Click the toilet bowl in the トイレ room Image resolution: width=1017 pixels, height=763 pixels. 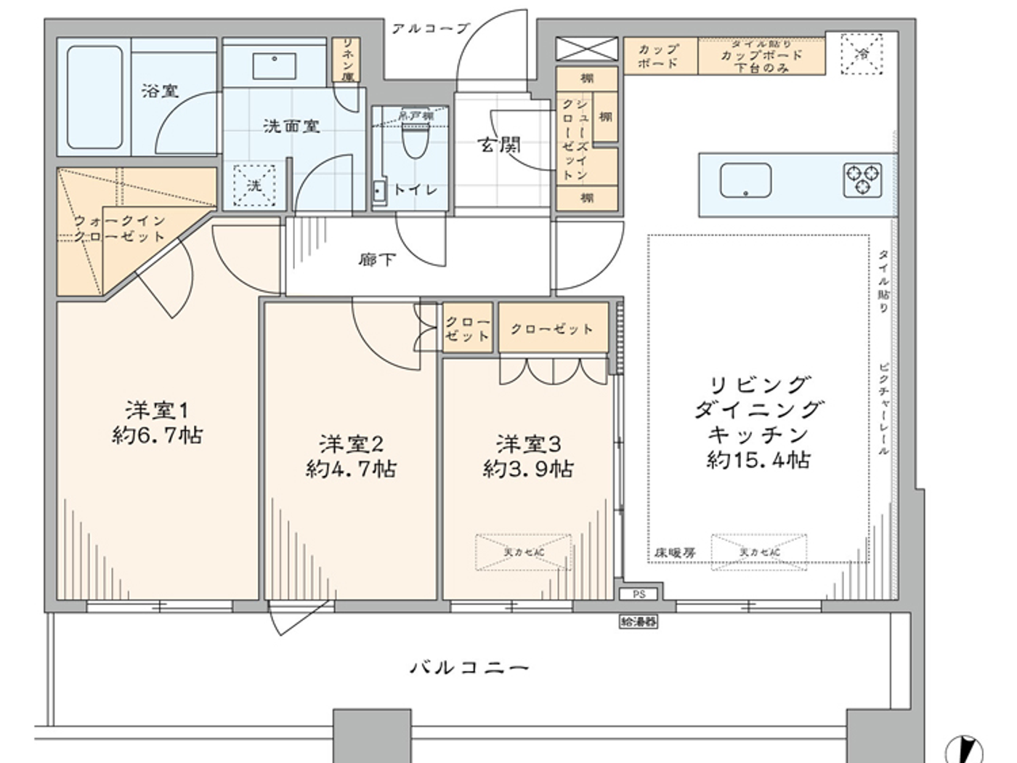tap(416, 140)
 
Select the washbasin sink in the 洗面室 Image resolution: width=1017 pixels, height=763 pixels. tap(274, 65)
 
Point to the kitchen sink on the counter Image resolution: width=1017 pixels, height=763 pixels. tap(745, 180)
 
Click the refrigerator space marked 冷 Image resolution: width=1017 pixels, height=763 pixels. tap(862, 54)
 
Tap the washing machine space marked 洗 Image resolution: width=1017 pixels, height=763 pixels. tap(254, 186)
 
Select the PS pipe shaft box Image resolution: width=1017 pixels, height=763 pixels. tap(639, 594)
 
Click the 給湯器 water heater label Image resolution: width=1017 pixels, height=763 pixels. tap(639, 621)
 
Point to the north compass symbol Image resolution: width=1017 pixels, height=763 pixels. tap(964, 748)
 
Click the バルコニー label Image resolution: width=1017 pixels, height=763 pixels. tap(469, 667)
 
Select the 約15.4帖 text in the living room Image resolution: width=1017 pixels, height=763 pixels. tap(758, 459)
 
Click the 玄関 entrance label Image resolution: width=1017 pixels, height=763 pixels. tap(499, 145)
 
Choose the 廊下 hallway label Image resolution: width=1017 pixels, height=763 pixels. tap(376, 259)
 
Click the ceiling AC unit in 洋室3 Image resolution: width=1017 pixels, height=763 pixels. tap(523, 552)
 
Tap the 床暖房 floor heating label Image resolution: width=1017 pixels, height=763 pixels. tap(675, 553)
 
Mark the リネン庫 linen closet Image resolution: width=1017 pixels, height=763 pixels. tap(347, 60)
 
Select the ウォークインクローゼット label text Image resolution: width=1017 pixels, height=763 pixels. tap(120, 227)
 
